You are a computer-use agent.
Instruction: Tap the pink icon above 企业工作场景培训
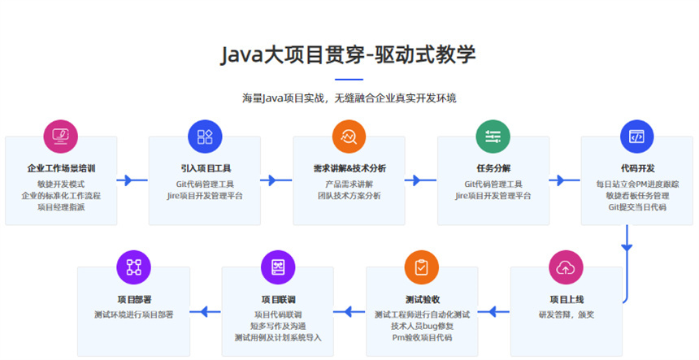click(x=60, y=136)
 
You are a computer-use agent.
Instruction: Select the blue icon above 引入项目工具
click(x=205, y=136)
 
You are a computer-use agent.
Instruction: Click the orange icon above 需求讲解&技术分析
click(x=349, y=136)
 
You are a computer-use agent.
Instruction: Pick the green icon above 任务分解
click(x=493, y=136)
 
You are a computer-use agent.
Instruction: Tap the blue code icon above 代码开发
click(x=637, y=136)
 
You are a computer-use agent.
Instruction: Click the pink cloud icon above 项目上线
click(x=566, y=266)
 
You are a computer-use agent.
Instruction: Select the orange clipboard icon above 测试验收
click(x=421, y=266)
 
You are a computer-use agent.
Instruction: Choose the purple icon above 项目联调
click(x=277, y=266)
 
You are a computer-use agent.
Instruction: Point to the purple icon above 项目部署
click(x=133, y=266)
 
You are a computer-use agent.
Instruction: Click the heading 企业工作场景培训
click(x=61, y=169)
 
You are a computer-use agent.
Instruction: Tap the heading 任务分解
click(x=493, y=169)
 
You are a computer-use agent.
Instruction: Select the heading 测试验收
click(x=421, y=299)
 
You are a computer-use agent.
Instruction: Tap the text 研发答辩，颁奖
click(x=566, y=314)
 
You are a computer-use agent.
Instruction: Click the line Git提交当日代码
click(x=637, y=207)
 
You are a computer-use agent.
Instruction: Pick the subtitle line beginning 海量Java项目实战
click(x=349, y=98)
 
